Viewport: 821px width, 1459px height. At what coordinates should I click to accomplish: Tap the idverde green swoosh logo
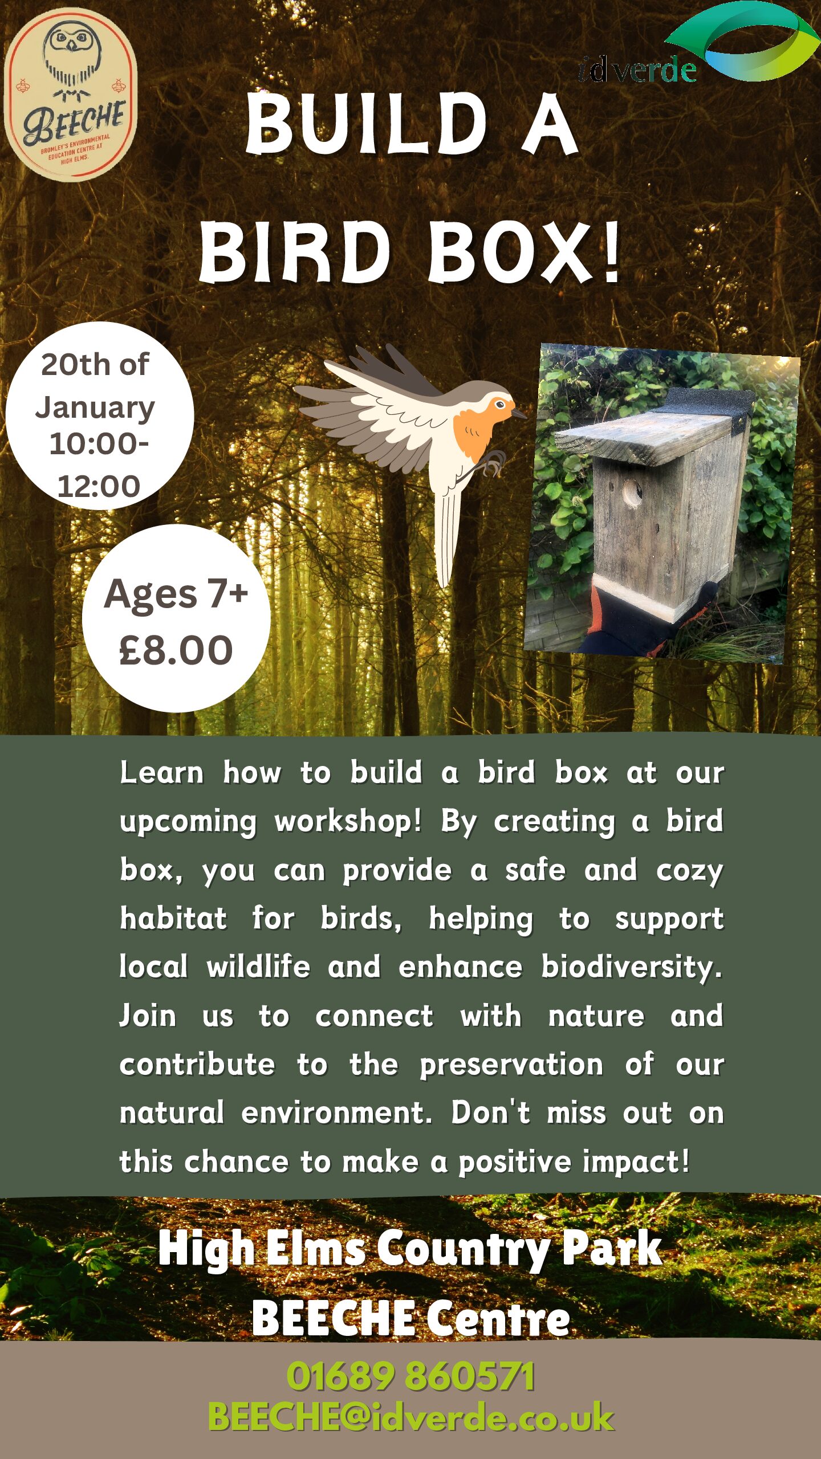(x=741, y=40)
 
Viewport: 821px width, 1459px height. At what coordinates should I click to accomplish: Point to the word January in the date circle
(x=95, y=408)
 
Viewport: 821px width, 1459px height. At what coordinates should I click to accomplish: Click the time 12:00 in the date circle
(x=99, y=486)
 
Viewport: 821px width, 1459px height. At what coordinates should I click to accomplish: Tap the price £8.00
(x=176, y=650)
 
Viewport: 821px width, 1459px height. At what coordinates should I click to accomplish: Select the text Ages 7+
(x=176, y=594)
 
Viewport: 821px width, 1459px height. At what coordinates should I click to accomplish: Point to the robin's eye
(x=501, y=405)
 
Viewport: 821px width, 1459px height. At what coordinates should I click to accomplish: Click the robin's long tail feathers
(x=447, y=536)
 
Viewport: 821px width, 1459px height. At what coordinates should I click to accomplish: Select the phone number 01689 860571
(x=410, y=1376)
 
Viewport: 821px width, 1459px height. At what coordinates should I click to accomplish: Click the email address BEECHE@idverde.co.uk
(x=410, y=1417)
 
